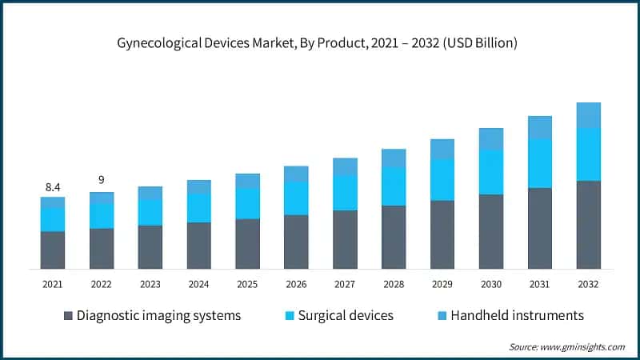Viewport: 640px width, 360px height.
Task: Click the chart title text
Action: [320, 43]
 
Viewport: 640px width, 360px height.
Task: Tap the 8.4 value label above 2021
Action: [53, 187]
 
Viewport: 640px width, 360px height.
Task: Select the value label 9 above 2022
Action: [102, 180]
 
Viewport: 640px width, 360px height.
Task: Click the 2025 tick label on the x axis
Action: [247, 284]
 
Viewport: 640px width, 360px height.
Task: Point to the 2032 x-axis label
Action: [588, 284]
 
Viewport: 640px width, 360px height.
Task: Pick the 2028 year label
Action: [394, 284]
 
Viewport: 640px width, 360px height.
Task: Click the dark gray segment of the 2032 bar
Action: [588, 225]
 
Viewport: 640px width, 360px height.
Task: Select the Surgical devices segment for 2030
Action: [490, 172]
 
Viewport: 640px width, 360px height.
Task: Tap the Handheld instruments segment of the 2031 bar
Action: [539, 127]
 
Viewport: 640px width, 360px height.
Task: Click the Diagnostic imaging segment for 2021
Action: [53, 250]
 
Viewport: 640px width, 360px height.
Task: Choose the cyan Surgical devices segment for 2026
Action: [296, 198]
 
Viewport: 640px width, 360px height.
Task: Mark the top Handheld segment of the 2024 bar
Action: [198, 187]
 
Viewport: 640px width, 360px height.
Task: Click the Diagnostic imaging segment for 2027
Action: [345, 239]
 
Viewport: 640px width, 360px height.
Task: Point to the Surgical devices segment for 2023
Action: [150, 213]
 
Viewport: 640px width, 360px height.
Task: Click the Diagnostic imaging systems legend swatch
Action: [68, 315]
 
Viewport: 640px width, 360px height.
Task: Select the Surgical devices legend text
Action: [346, 315]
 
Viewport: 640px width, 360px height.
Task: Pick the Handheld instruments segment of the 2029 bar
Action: [442, 149]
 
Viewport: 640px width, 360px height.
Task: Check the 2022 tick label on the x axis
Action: [102, 284]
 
